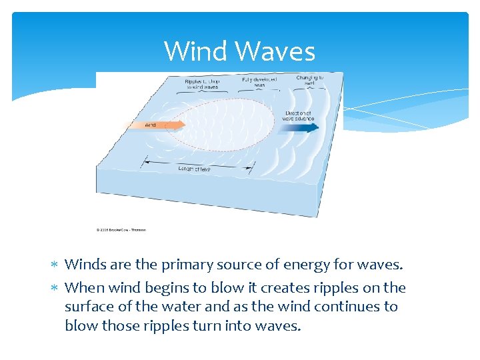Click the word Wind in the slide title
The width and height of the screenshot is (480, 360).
tap(195, 51)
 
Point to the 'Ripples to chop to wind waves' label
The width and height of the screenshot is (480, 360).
tap(201, 84)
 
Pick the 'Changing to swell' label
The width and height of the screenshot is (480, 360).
tap(310, 80)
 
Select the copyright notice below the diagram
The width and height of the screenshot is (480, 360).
tap(121, 230)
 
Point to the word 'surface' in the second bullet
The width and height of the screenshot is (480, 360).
tap(89, 307)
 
